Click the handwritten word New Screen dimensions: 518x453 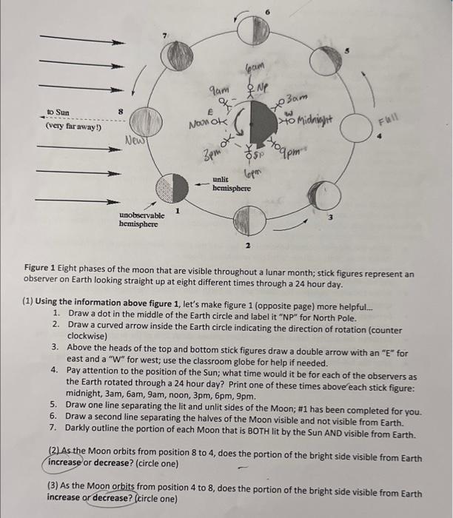(x=135, y=140)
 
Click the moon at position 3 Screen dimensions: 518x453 (x=323, y=195)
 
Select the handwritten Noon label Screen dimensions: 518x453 (x=201, y=124)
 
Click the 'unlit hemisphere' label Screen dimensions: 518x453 (x=232, y=184)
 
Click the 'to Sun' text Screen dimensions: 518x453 (x=58, y=112)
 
